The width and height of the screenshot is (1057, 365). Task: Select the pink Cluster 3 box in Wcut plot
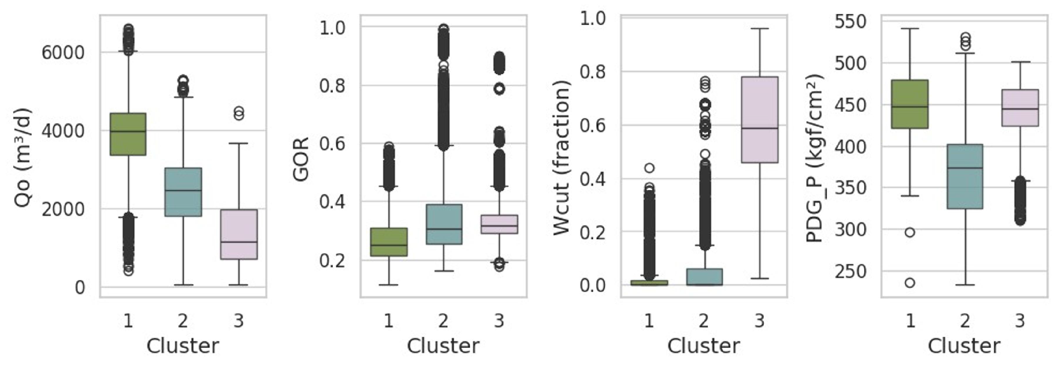point(760,120)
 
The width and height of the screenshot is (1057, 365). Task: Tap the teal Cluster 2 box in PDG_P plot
point(965,176)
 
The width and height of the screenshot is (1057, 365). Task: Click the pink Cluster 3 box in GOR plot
point(499,224)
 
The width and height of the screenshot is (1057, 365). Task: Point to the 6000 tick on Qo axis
point(63,53)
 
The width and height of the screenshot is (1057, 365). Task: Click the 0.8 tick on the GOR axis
point(332,86)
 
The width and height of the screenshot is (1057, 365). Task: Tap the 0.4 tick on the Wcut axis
point(592,179)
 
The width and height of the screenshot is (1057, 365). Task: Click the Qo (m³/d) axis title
point(23,158)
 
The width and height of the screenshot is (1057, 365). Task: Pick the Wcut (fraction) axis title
point(561,158)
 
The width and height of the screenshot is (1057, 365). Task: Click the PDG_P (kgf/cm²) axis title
point(815,158)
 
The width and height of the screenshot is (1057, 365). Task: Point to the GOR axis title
point(301,159)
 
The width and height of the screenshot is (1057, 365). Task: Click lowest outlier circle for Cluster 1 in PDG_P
point(910,282)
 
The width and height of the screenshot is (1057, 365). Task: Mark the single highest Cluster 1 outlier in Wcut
point(649,168)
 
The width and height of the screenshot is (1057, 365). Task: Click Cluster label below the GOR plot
point(443,346)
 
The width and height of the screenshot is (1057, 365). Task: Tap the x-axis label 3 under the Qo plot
point(238,321)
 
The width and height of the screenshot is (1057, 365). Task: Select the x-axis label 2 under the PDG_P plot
point(965,321)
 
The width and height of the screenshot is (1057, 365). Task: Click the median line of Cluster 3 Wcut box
point(760,128)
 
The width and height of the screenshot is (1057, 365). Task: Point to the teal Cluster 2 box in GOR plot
point(443,224)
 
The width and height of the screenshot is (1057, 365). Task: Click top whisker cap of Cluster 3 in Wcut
point(760,29)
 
